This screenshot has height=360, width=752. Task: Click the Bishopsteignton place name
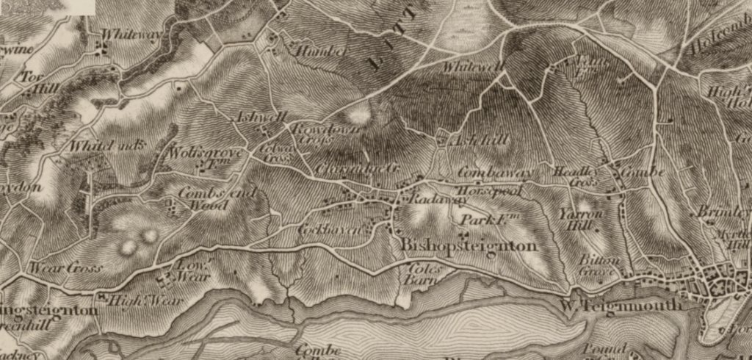click(x=469, y=246)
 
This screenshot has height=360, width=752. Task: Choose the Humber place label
click(x=311, y=51)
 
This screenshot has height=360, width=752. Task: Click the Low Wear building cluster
click(x=167, y=280)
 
